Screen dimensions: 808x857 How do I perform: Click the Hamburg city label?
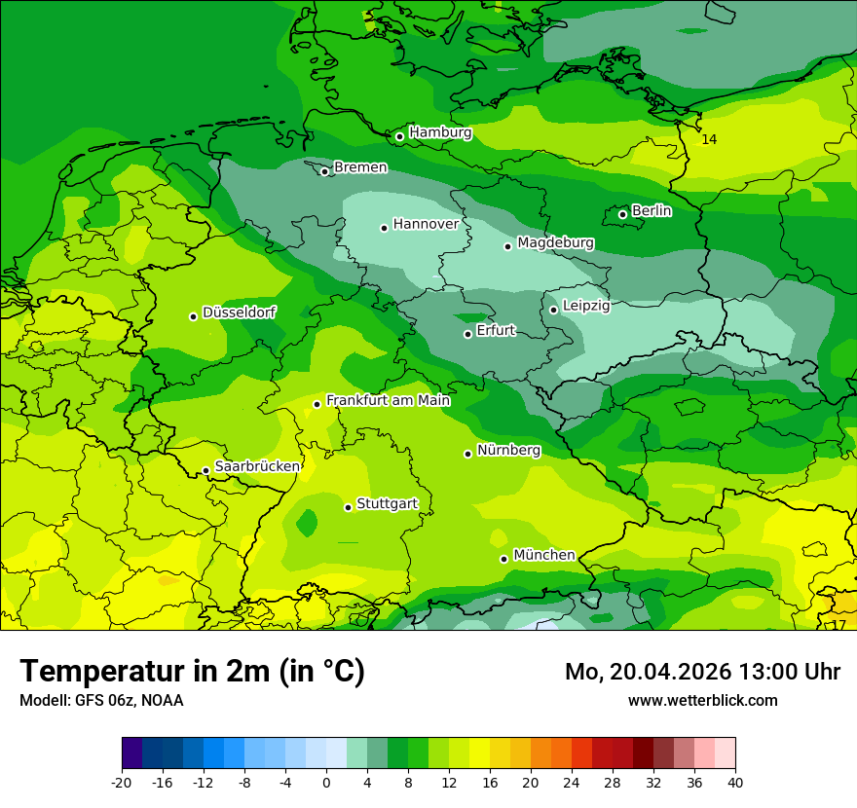coord(440,132)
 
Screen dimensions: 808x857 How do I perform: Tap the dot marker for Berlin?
coord(622,214)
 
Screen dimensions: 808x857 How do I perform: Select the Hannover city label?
coord(426,224)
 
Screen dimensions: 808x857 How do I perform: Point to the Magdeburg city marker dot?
coord(507,246)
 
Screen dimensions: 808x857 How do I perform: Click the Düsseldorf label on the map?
coord(239,312)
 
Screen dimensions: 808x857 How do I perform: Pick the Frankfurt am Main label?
coord(388,400)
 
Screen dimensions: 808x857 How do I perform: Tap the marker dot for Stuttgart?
coord(348,507)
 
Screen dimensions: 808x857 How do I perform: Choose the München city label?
coord(543,555)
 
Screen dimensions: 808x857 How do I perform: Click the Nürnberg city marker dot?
coord(467,454)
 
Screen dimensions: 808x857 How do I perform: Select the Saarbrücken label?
coord(257,466)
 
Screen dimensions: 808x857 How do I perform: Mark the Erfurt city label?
coord(495,330)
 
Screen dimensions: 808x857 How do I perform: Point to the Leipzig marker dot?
coord(553,310)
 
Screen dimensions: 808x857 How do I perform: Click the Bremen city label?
coord(360,167)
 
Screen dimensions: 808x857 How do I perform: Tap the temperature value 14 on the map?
coord(709,140)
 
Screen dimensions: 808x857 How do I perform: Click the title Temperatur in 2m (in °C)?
coord(192,672)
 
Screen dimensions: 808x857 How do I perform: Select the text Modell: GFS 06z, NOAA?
coord(101,700)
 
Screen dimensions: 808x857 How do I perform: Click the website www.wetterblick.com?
coord(702,700)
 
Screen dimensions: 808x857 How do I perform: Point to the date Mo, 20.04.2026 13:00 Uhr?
coord(702,672)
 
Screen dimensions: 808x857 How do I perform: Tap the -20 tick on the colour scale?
coord(122,782)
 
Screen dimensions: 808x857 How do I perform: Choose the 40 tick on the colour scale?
coord(734,782)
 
